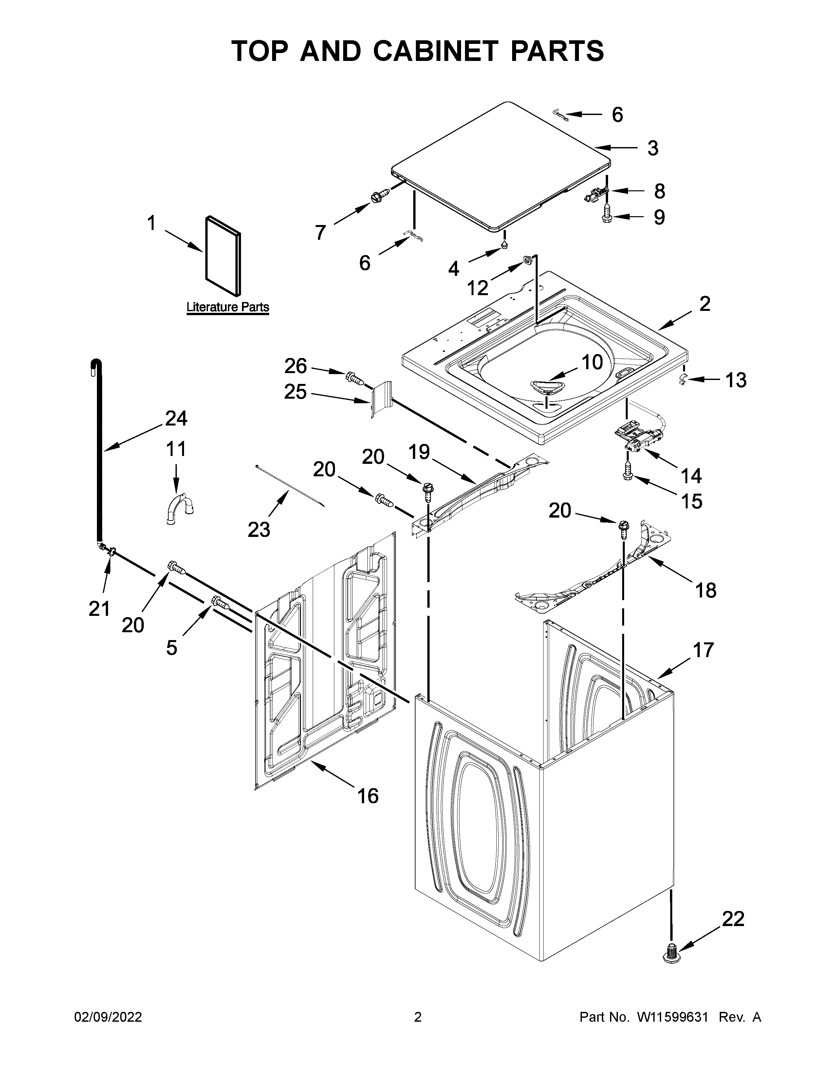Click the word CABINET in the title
coord(434,51)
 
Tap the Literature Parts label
coord(228,307)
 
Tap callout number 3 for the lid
coord(653,148)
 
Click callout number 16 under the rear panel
coord(367,795)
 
